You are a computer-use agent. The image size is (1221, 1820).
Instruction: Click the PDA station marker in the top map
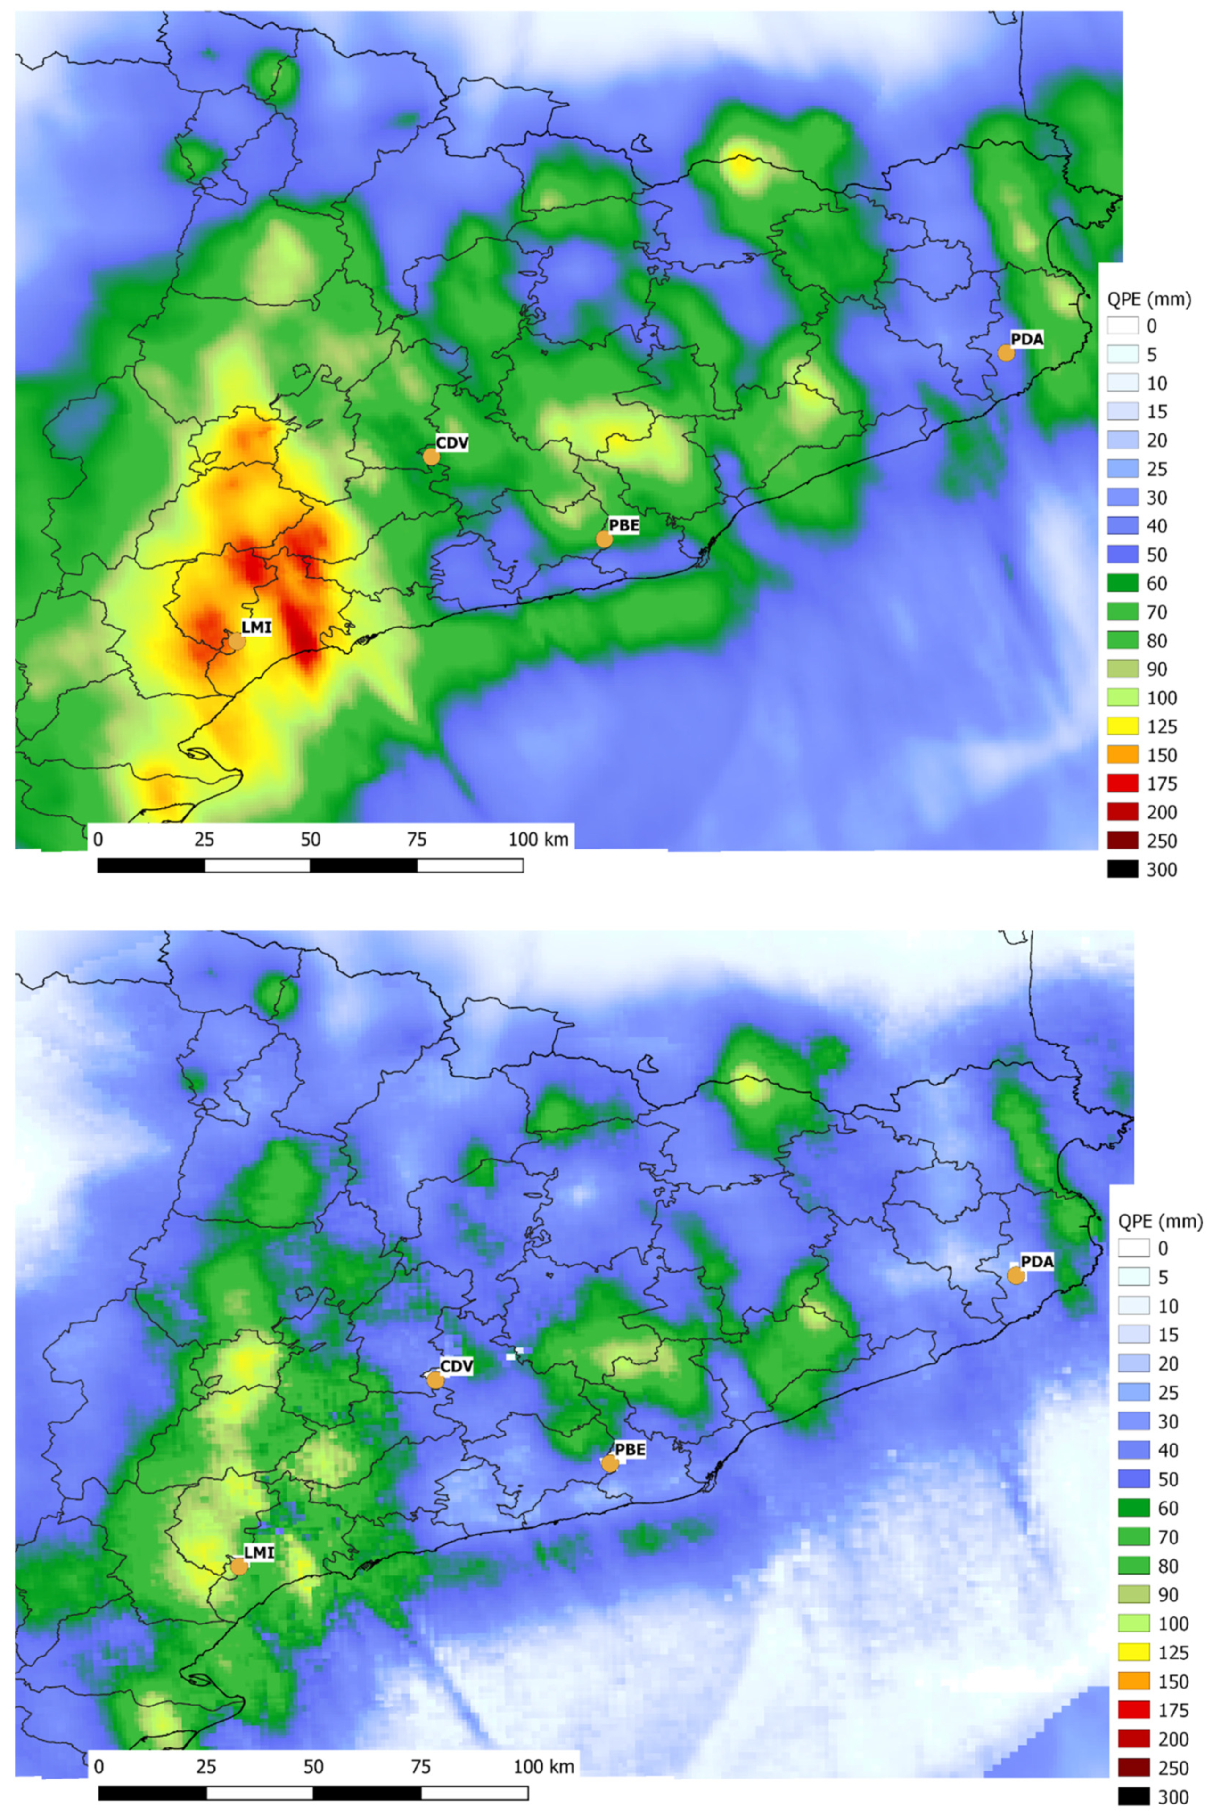point(1006,352)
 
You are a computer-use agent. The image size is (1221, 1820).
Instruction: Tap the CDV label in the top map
point(451,443)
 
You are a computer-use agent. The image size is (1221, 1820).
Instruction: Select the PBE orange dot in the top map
point(604,539)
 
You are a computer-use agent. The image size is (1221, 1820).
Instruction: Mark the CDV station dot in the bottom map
point(435,1380)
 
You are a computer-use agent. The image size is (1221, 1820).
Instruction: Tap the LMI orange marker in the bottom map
point(239,1566)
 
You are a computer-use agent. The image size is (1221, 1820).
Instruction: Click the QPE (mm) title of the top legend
point(1148,298)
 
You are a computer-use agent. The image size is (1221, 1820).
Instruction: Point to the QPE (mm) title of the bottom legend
point(1159,1221)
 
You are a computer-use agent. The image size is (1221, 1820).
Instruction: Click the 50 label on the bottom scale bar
point(313,1766)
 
